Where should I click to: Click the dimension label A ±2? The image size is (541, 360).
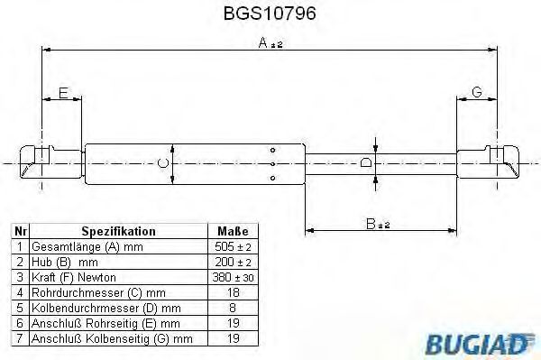268,43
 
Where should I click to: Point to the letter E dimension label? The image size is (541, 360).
61,92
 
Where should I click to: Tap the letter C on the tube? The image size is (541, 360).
162,163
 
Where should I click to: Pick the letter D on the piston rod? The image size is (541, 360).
365,163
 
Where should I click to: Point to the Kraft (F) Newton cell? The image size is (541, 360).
74,276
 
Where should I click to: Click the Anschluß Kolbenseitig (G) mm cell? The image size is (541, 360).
111,338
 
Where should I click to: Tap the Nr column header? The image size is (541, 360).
20,231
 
